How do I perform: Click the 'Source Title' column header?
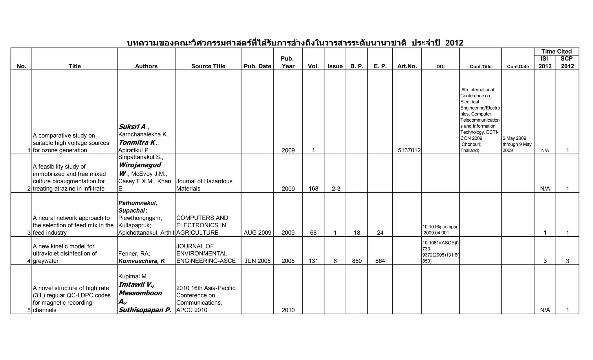208,66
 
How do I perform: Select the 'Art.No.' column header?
407,66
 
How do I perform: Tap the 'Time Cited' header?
556,52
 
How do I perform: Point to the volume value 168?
313,189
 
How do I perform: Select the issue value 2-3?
336,189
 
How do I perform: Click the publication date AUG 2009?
257,233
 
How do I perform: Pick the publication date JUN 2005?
257,261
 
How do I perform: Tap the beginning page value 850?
357,261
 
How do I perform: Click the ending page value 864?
380,261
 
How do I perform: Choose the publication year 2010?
288,310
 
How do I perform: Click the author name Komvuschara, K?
142,261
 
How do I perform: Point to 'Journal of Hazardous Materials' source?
204,185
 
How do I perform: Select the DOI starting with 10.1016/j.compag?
440,230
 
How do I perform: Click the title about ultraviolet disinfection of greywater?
65,253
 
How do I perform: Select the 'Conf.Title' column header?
480,67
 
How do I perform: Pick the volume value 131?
313,261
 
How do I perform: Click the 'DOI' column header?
440,67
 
